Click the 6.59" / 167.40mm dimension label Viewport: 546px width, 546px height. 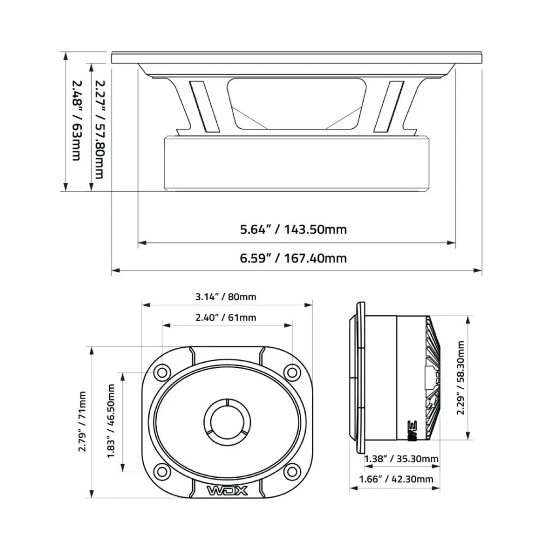(293, 258)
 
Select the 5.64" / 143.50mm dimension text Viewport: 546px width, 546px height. (293, 229)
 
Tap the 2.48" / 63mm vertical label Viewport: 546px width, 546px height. (76, 120)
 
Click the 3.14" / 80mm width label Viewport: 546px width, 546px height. (226, 297)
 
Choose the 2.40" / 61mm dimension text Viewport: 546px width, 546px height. (226, 317)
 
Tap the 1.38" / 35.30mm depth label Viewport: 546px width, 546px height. (401, 459)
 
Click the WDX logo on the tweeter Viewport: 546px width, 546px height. (227, 490)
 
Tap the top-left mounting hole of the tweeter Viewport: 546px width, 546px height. (162, 372)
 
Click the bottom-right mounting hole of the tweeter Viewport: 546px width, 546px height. (293, 471)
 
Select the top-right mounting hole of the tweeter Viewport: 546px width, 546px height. (293, 372)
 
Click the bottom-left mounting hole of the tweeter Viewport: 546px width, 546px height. (162, 471)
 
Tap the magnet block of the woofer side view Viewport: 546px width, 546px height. (296, 163)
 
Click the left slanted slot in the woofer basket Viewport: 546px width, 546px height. (204, 106)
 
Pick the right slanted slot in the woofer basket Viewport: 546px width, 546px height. (389, 106)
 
